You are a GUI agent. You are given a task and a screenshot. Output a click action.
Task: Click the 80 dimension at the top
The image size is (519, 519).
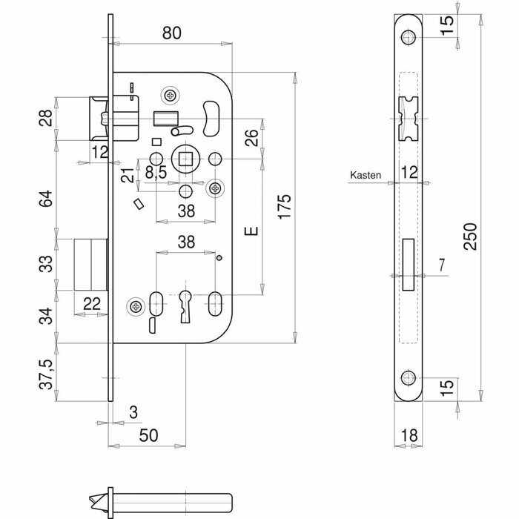point(173,33)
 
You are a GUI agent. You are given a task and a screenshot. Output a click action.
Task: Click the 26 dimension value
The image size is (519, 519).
point(251,138)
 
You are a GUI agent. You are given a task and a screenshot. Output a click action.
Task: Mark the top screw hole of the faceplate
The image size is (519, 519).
point(409,39)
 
